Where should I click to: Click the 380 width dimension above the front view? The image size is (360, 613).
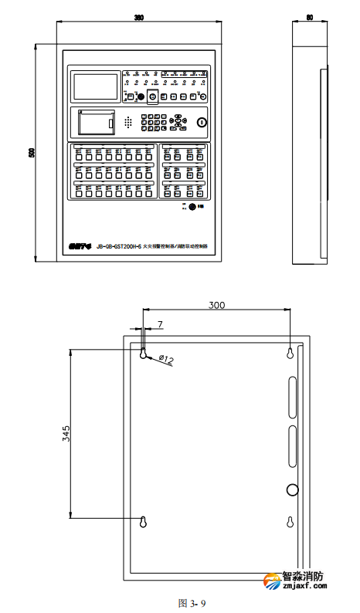(139, 16)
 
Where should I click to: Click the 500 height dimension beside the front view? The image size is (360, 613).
(32, 153)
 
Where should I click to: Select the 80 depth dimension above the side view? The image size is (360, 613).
(309, 16)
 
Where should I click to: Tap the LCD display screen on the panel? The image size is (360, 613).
(95, 85)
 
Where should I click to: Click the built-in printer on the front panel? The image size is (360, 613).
(97, 122)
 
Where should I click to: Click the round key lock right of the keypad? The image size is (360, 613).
(202, 121)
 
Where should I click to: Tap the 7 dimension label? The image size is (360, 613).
(160, 325)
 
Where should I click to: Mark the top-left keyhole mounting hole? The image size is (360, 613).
(144, 353)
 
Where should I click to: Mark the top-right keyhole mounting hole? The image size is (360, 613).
(290, 353)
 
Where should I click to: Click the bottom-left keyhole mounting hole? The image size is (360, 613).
(144, 523)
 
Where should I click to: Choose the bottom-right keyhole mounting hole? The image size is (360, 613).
(290, 523)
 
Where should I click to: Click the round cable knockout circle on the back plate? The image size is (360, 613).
(291, 489)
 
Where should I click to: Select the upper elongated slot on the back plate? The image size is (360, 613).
(291, 393)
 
